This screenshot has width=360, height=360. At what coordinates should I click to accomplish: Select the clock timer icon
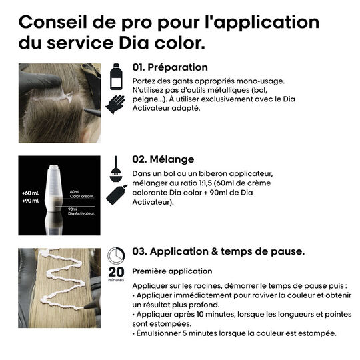click(x=116, y=256)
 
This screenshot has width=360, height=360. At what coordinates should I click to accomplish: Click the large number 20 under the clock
click(x=115, y=271)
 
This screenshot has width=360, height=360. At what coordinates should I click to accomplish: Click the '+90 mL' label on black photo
click(x=31, y=201)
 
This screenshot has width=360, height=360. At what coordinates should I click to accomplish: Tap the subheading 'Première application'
click(x=172, y=271)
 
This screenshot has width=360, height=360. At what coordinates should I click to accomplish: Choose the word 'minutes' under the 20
click(x=115, y=280)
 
